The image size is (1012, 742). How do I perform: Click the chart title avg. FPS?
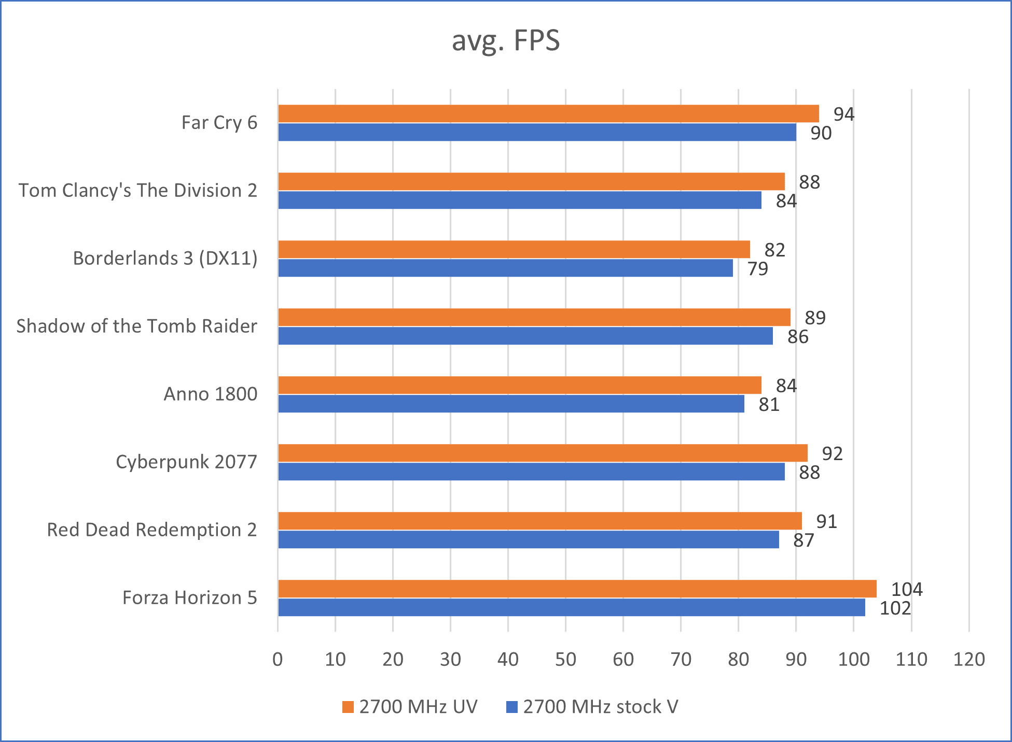pyautogui.click(x=506, y=40)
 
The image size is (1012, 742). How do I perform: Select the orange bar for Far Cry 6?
pyautogui.click(x=548, y=113)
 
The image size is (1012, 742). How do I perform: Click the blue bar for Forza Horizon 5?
pyautogui.click(x=571, y=607)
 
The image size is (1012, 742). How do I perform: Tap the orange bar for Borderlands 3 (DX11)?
pyautogui.click(x=514, y=249)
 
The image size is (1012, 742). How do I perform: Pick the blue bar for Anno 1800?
pyautogui.click(x=511, y=404)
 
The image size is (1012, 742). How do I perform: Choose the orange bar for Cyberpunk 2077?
pyautogui.click(x=543, y=453)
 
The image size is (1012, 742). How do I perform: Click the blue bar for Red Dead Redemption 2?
pyautogui.click(x=528, y=539)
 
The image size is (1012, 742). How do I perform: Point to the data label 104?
pyautogui.click(x=906, y=589)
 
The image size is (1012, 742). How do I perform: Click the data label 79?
pyautogui.click(x=757, y=269)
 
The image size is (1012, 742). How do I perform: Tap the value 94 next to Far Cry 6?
pyautogui.click(x=843, y=114)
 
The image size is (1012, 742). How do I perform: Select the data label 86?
pyautogui.click(x=797, y=337)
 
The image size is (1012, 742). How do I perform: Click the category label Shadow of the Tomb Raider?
pyautogui.click(x=137, y=326)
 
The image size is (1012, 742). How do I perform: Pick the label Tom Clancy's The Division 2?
pyautogui.click(x=138, y=190)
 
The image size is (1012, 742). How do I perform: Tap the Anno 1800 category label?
pyautogui.click(x=211, y=394)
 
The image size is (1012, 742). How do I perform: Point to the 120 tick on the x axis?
pyautogui.click(x=968, y=659)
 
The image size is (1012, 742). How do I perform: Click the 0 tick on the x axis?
pyautogui.click(x=278, y=659)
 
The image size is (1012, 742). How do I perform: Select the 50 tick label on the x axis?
pyautogui.click(x=565, y=659)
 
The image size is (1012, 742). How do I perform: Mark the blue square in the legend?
pyautogui.click(x=512, y=707)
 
